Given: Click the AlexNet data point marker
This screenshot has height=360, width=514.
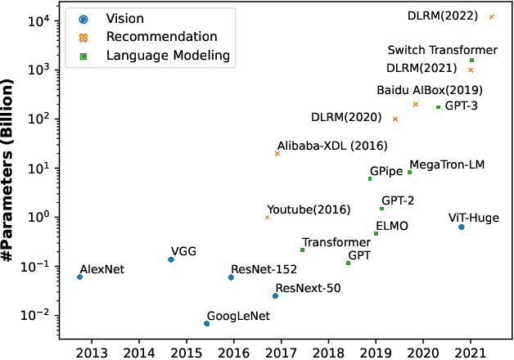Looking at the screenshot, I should pyautogui.click(x=79, y=277).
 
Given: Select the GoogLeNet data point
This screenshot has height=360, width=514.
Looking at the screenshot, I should pyautogui.click(x=206, y=323).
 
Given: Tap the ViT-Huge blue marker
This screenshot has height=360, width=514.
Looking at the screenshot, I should pyautogui.click(x=462, y=227).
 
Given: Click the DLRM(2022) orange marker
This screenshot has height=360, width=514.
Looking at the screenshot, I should pyautogui.click(x=491, y=16).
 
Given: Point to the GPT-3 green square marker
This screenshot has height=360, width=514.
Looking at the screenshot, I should pyautogui.click(x=438, y=107).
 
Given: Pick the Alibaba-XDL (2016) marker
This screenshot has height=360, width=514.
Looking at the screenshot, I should pyautogui.click(x=277, y=153).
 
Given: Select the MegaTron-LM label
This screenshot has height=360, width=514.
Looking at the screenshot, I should pyautogui.click(x=447, y=164).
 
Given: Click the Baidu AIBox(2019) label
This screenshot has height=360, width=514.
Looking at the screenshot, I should pyautogui.click(x=430, y=90).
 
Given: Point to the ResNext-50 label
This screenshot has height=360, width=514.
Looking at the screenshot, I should pyautogui.click(x=308, y=287).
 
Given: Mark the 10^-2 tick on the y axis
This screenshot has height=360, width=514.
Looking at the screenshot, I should pyautogui.click(x=41, y=315).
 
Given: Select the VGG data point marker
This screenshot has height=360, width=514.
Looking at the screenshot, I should pyautogui.click(x=171, y=259).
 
